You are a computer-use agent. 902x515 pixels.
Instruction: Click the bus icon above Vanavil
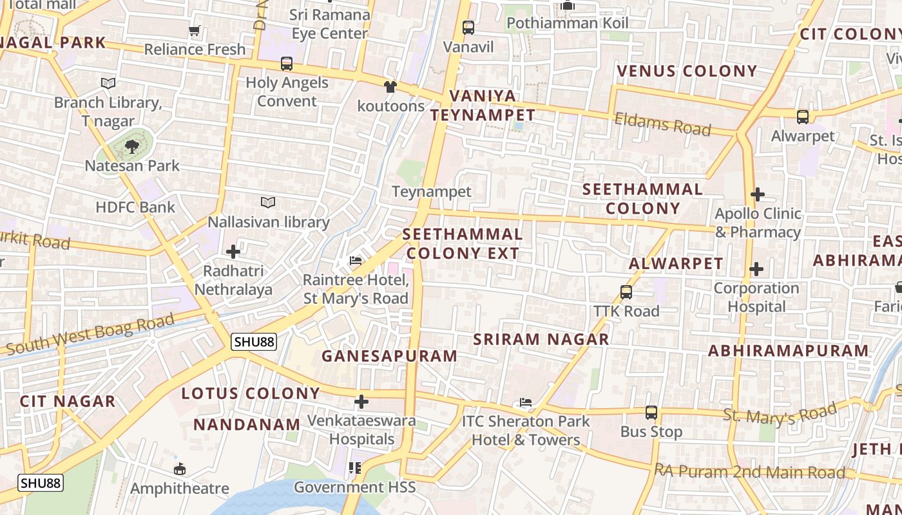(x=468, y=28)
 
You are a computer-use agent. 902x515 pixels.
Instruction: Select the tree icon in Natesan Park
(x=132, y=147)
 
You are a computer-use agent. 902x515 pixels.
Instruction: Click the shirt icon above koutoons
(x=390, y=87)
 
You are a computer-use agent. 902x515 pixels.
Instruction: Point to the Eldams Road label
(x=662, y=124)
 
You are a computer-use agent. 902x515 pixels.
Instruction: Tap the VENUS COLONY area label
(x=687, y=71)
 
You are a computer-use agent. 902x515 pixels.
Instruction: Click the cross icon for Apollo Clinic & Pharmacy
(x=758, y=194)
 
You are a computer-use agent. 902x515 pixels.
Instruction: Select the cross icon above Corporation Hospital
(x=756, y=268)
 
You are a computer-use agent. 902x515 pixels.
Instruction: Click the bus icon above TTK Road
(x=626, y=292)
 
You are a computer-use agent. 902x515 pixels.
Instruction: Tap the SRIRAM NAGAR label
(x=541, y=339)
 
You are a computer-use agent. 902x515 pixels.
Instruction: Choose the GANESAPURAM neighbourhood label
(x=389, y=356)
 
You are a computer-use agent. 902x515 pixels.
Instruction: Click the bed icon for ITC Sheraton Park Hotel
(x=526, y=403)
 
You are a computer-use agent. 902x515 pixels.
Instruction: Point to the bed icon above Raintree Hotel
(x=356, y=261)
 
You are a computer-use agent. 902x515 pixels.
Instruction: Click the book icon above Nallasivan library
(x=268, y=203)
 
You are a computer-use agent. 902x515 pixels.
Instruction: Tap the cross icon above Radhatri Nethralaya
(x=233, y=252)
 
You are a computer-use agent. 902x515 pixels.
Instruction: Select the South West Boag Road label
(x=90, y=335)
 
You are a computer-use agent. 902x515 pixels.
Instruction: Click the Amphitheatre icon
(x=180, y=469)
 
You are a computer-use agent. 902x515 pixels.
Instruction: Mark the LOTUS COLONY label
(x=251, y=393)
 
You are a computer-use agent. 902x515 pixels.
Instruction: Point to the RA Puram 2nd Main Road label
(x=749, y=472)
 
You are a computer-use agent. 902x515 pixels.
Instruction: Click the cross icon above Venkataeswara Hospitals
(x=361, y=402)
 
